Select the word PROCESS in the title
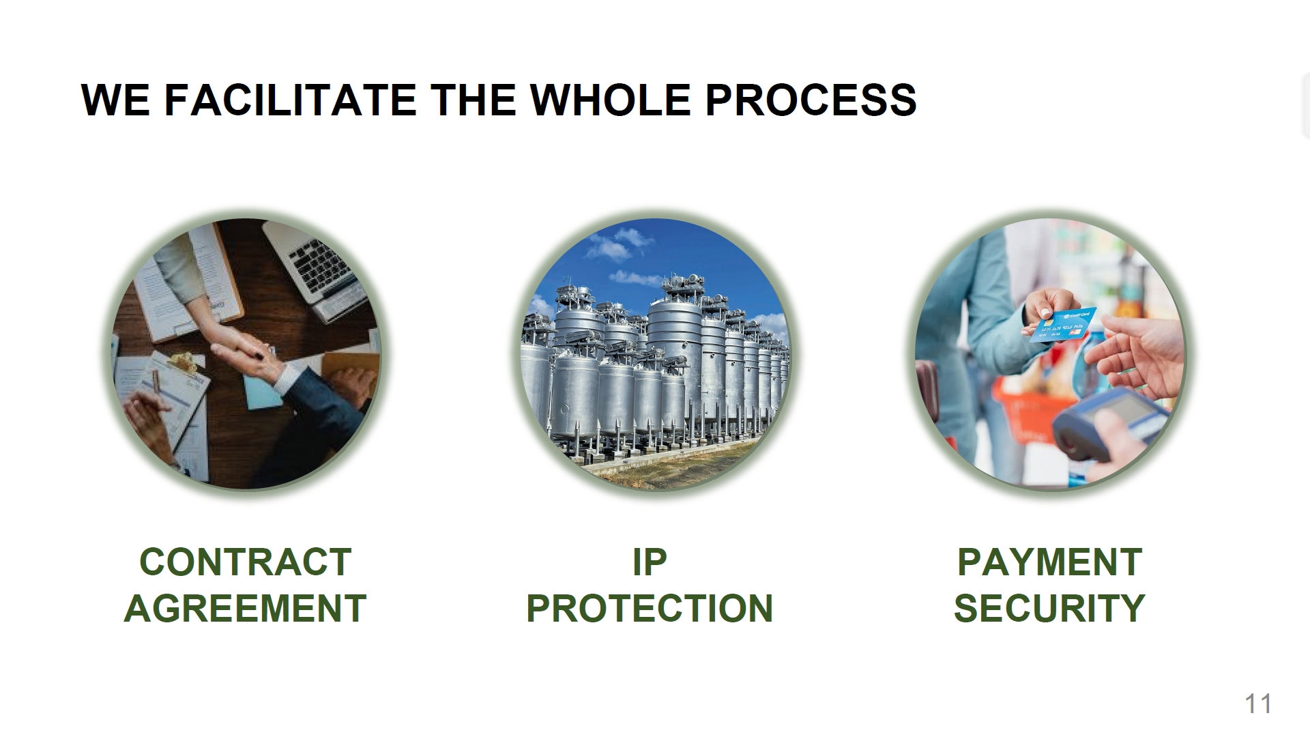810,100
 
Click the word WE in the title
115,100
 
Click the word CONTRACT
245,562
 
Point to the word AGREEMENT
245,608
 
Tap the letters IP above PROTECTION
649,562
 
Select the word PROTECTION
649,608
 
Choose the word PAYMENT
1049,562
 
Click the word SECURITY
1049,608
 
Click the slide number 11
1258,704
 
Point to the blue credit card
1064,324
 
